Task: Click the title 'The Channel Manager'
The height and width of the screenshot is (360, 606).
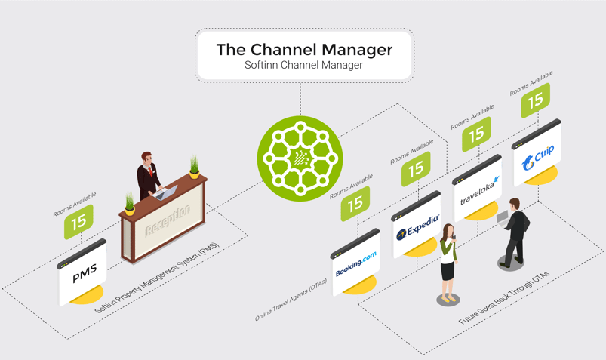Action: pos(304,50)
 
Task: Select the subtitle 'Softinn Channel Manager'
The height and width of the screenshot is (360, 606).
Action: pos(304,66)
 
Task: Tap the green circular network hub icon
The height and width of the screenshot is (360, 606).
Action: pos(300,158)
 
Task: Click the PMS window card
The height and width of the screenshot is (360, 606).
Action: pos(84,272)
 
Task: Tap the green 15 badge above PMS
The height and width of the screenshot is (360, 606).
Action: pos(78,222)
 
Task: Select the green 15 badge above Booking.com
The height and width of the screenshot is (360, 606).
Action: pos(355,202)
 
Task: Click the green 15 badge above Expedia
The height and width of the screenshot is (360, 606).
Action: pos(416,169)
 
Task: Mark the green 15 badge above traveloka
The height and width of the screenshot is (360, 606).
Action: pos(476,134)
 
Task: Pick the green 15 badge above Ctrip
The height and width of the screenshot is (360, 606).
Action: pos(536,100)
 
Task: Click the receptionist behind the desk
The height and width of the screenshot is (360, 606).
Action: pos(148,174)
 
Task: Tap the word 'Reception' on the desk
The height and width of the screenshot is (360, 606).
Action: pos(167,221)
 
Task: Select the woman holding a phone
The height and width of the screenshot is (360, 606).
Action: pos(448,260)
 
